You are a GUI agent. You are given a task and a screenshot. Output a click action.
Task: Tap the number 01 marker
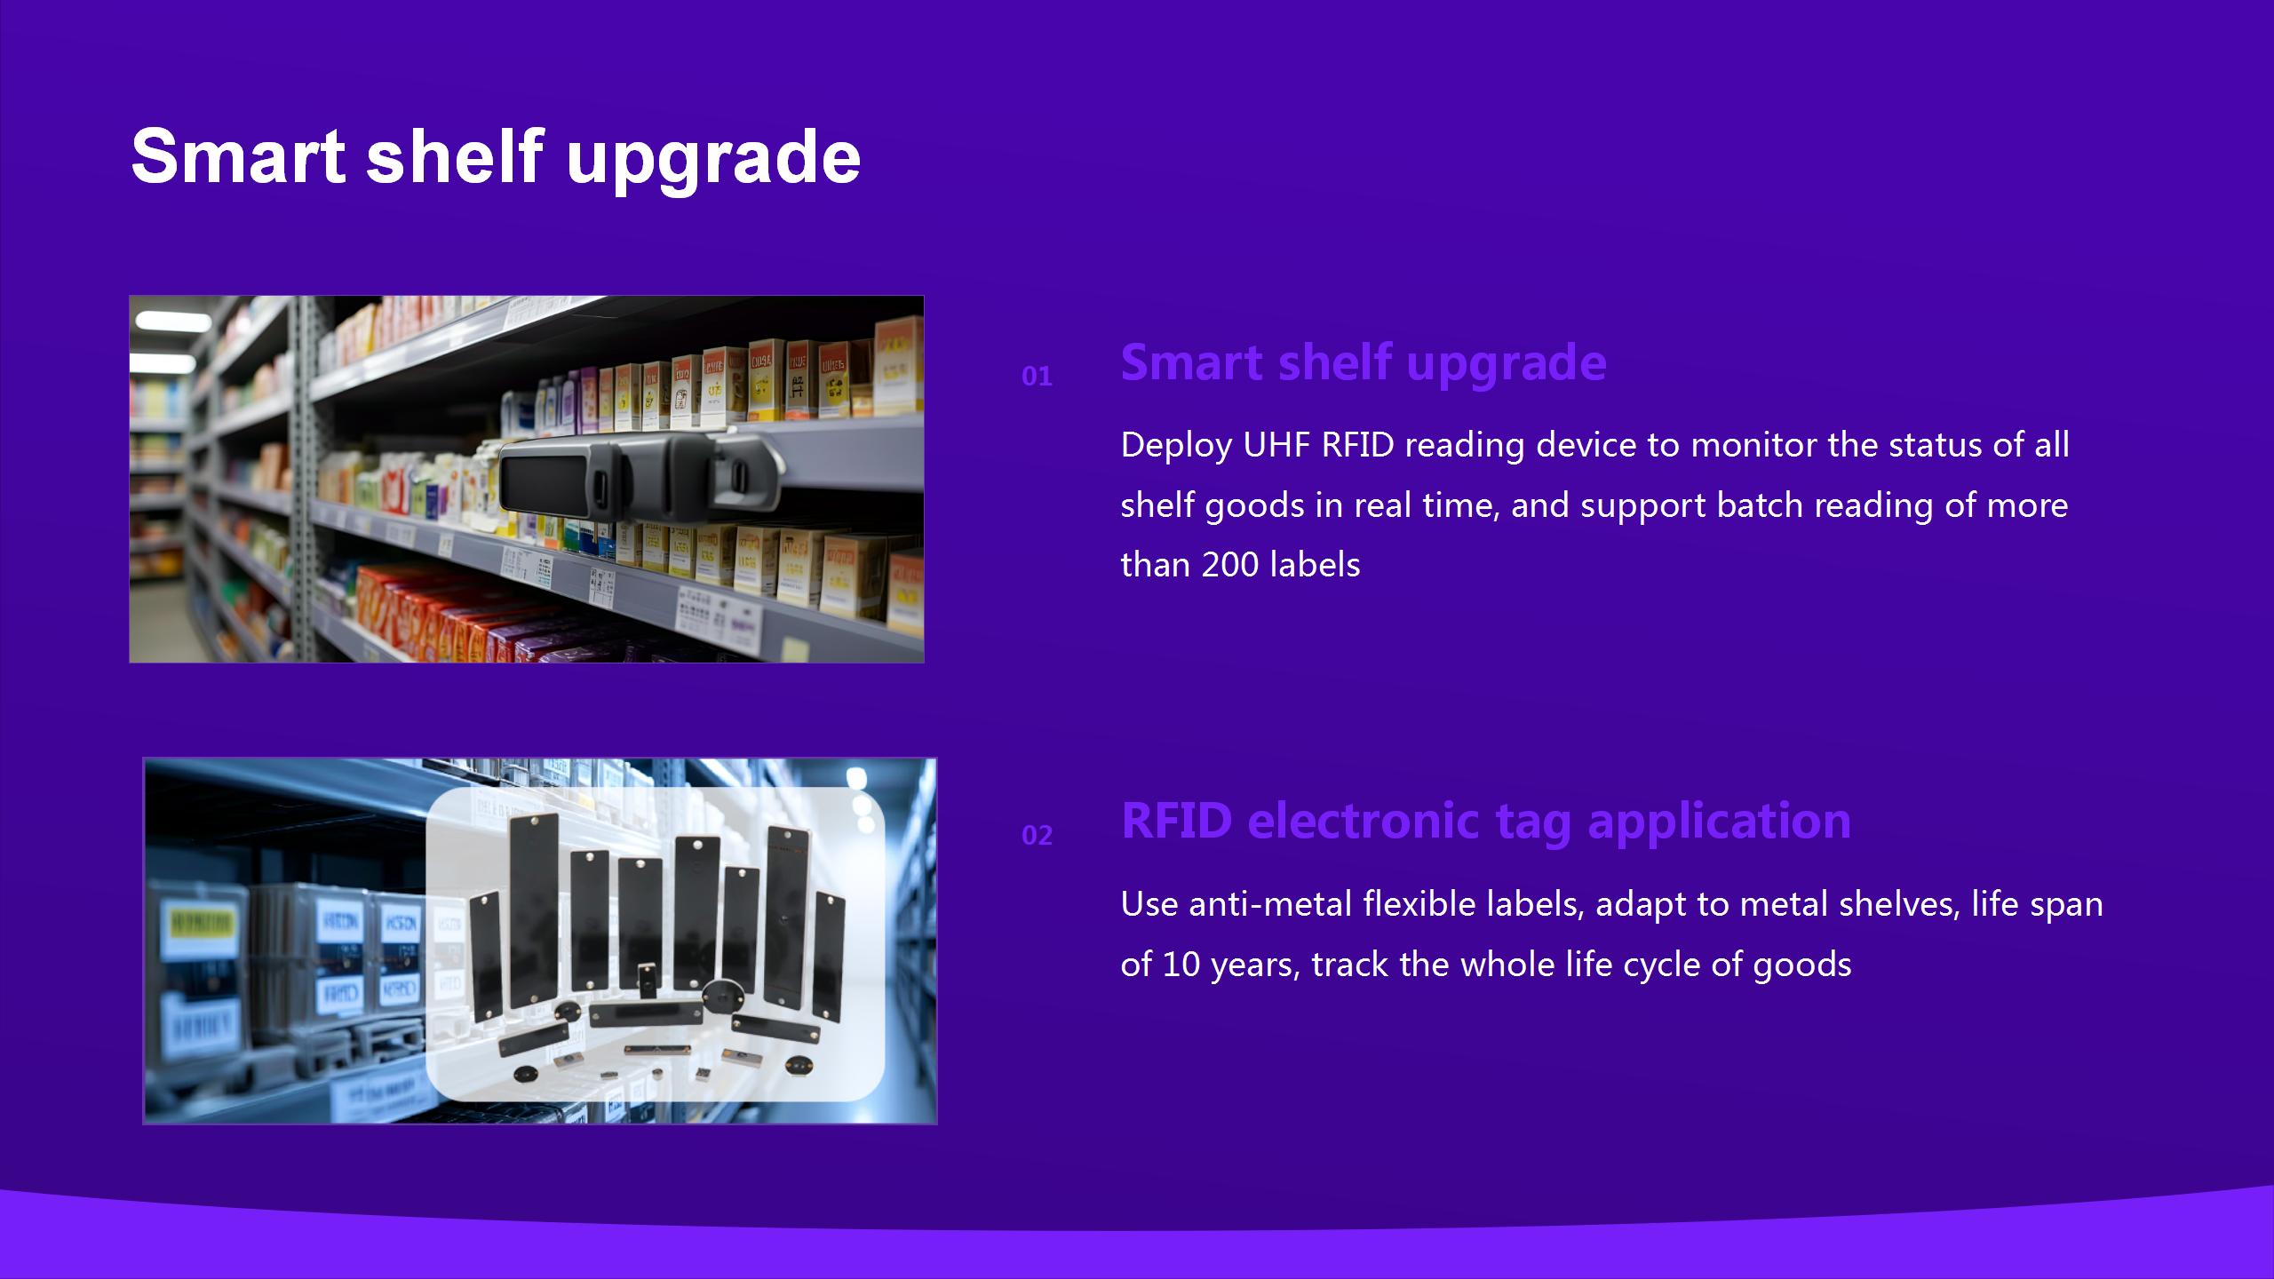[1037, 377]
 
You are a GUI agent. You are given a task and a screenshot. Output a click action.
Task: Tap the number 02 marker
[1037, 836]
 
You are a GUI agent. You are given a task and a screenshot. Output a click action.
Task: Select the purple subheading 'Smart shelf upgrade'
[1364, 364]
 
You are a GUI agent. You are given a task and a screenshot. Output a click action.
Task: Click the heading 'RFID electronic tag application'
[1486, 821]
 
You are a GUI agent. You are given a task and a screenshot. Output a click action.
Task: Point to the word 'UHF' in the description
[1276, 445]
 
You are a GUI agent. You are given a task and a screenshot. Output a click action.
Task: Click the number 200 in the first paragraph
[1230, 565]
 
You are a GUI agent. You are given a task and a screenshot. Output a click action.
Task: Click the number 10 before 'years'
[1181, 965]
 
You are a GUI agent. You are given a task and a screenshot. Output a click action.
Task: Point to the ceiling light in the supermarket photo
[161, 321]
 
